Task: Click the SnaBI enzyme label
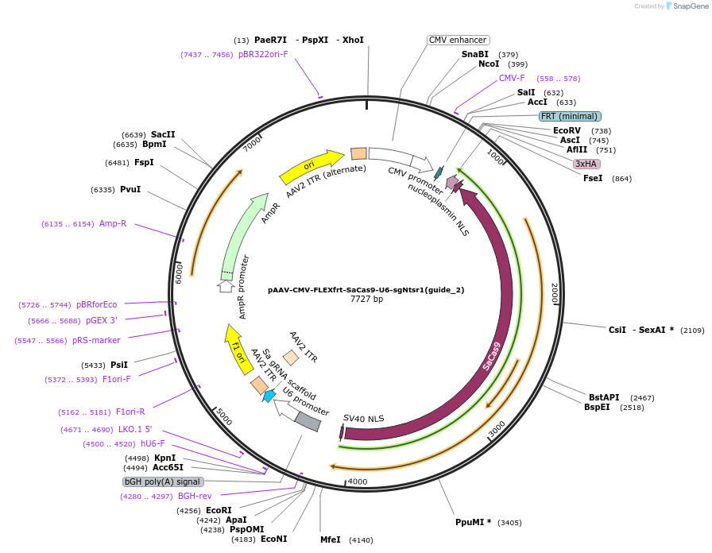[x=474, y=54]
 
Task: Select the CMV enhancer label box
[x=458, y=40]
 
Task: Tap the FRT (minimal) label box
[x=570, y=116]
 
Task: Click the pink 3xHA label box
[x=586, y=164]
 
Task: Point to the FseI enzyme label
[x=593, y=178]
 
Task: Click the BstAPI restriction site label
[x=604, y=397]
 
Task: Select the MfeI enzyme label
[x=330, y=539]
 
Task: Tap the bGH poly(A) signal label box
[x=163, y=481]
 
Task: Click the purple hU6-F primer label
[x=153, y=444]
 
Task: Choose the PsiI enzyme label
[x=118, y=365]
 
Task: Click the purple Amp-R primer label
[x=113, y=224]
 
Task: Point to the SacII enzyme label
[x=163, y=134]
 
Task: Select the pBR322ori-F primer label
[x=263, y=55]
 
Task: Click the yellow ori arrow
[x=311, y=165]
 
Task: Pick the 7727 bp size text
[x=366, y=300]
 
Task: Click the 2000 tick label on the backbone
[x=555, y=293]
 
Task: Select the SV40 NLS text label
[x=363, y=418]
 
